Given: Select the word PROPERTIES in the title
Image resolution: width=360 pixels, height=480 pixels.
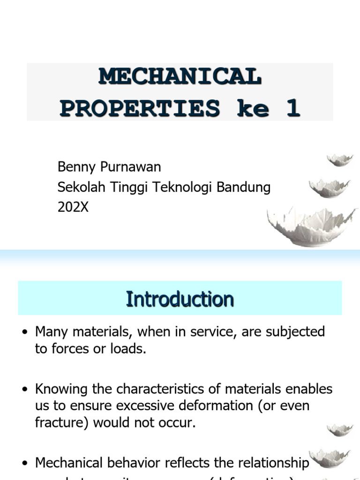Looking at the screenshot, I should pos(140,108).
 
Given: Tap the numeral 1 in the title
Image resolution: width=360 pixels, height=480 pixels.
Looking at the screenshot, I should pos(293,108).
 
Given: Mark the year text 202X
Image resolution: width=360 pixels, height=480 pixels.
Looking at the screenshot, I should pos(73,207).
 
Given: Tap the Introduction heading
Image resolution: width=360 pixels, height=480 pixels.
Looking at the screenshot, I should pos(180,299).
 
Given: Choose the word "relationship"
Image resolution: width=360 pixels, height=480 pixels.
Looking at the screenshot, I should pos(265,463).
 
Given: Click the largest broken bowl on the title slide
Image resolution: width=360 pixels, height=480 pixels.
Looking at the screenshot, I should pos(312,227).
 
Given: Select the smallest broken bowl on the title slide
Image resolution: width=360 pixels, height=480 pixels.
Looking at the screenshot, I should pos(340,160).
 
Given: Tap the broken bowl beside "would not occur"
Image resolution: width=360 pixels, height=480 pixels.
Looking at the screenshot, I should pos(340,429).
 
